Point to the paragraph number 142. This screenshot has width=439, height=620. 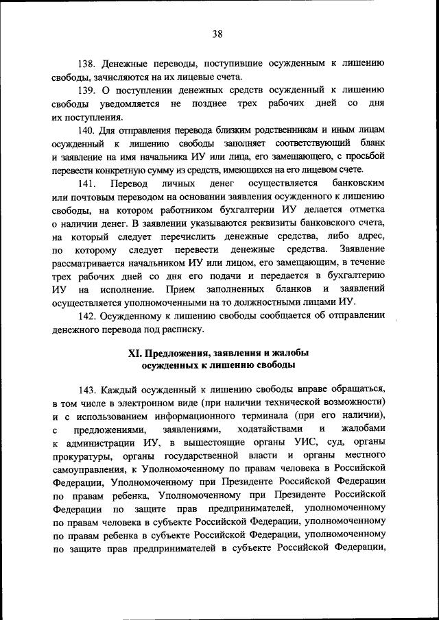[x=89, y=317]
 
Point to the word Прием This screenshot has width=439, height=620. [x=180, y=290]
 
